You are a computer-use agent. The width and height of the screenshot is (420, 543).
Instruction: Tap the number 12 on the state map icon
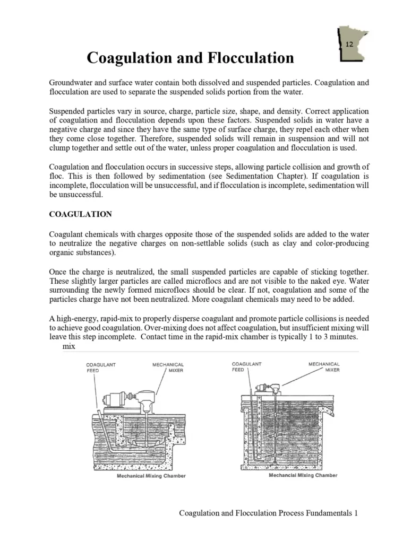tap(349, 45)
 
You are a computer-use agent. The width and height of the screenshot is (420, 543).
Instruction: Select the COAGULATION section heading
tap(80, 214)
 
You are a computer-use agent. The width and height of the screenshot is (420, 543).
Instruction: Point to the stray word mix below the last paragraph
tap(69, 346)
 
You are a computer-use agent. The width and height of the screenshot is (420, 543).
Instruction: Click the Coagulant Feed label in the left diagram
tap(101, 367)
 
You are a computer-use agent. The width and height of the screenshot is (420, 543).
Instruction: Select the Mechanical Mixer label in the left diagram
tap(168, 367)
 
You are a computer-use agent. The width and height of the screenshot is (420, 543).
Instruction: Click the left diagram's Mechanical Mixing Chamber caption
tap(151, 476)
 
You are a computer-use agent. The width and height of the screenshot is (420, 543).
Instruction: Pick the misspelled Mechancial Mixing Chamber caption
tap(303, 476)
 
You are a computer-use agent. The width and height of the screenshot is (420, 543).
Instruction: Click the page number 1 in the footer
tap(356, 513)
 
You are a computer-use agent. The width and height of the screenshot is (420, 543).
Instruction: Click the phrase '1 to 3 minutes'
tap(332, 336)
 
